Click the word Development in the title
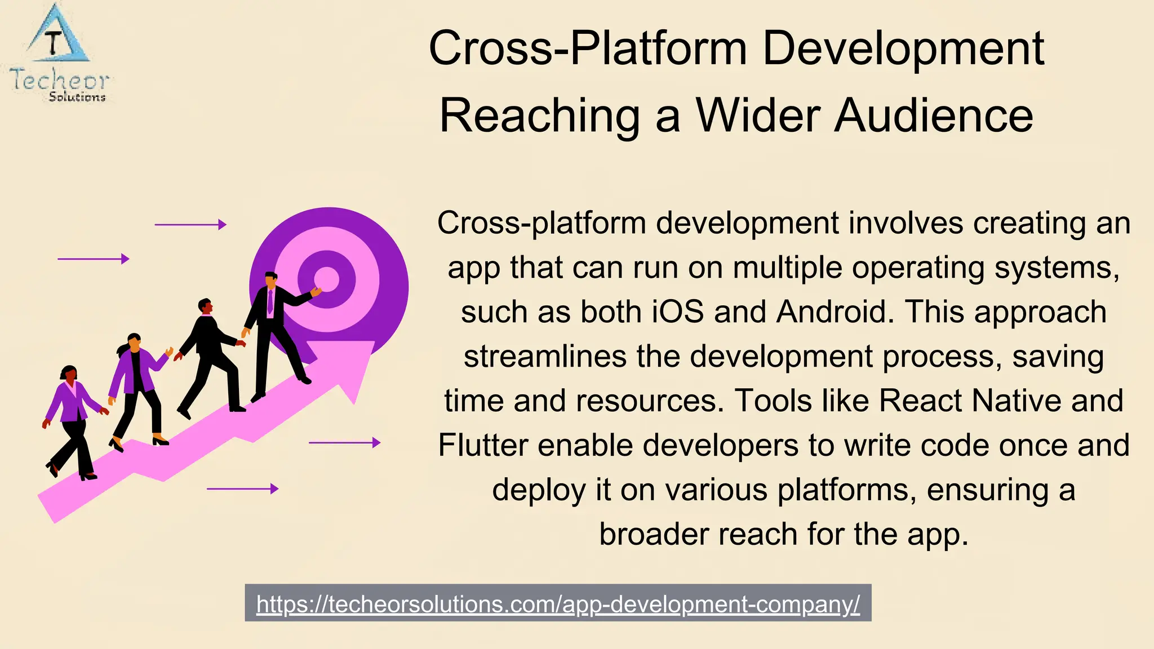(903, 48)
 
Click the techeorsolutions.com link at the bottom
(558, 604)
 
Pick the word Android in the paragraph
(831, 312)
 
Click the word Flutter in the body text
(483, 445)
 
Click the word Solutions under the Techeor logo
(77, 97)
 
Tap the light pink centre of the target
(327, 278)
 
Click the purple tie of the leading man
(270, 302)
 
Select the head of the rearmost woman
(69, 373)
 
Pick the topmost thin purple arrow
(190, 225)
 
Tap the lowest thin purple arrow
(243, 489)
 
